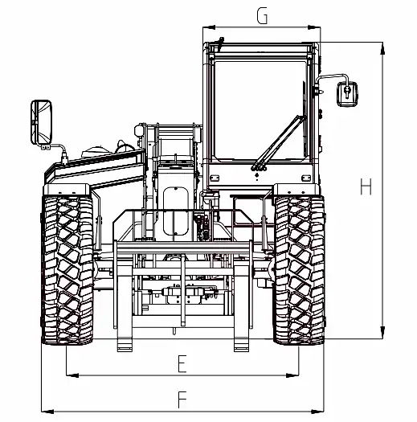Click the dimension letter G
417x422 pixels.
[x=262, y=16]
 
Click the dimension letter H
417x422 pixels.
[x=366, y=186]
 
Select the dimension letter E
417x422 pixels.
[x=182, y=363]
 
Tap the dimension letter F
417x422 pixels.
[x=182, y=399]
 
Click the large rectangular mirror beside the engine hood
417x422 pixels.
[x=41, y=122]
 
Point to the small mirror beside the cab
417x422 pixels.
[x=347, y=94]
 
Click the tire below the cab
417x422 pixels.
[x=299, y=270]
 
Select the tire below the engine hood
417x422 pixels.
[x=67, y=270]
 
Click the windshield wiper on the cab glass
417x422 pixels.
[x=279, y=143]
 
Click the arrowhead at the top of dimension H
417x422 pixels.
[x=382, y=48]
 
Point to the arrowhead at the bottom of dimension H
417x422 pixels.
[x=382, y=333]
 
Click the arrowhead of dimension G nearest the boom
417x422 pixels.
[x=209, y=27]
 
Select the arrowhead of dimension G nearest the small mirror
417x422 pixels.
[x=314, y=27]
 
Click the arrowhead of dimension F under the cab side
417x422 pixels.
[x=317, y=412]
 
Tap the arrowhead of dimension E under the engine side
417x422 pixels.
[x=72, y=375]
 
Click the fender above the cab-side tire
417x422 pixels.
[x=296, y=190]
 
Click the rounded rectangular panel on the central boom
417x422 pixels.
[x=176, y=211]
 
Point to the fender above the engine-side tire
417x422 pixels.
[x=67, y=190]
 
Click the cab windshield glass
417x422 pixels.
[x=260, y=110]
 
